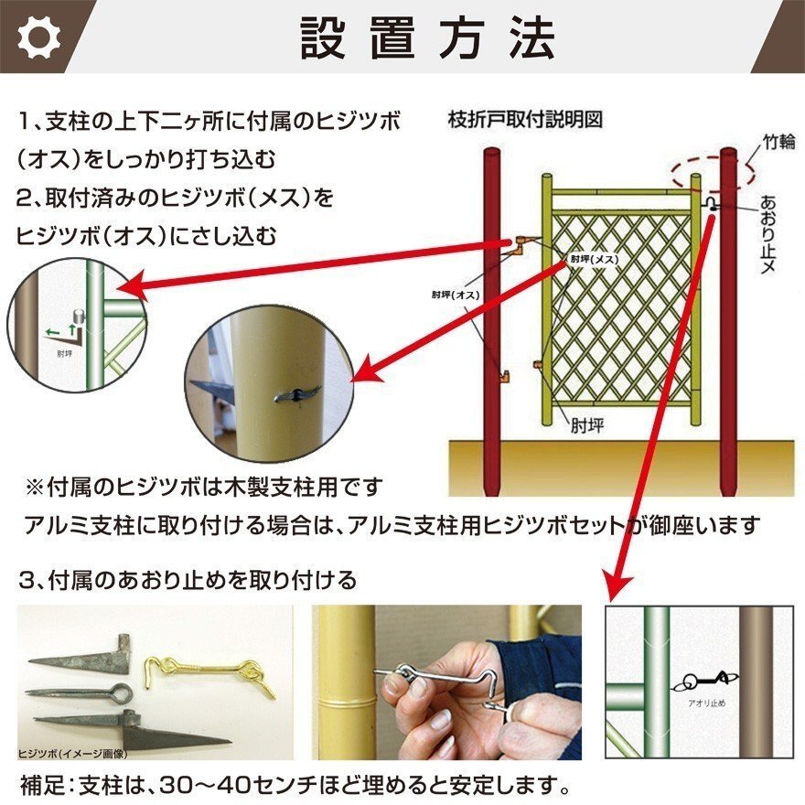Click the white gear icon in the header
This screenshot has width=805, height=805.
[x=38, y=37]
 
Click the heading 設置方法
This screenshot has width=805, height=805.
[x=427, y=38]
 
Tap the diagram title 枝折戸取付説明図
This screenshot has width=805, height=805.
[x=525, y=120]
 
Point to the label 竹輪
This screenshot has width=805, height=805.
[x=778, y=141]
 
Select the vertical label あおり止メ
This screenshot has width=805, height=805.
[x=768, y=233]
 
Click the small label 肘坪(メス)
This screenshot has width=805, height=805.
[x=595, y=259]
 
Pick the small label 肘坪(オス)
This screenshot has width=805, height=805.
[x=456, y=295]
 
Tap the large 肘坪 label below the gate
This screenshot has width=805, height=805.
[x=588, y=425]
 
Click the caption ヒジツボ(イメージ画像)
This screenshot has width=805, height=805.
[x=72, y=754]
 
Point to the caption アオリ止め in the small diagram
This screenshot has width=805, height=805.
[x=707, y=703]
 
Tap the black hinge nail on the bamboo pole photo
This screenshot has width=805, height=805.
[x=298, y=393]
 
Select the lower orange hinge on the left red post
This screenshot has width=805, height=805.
[x=505, y=375]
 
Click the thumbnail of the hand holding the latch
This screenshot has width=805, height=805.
[x=446, y=682]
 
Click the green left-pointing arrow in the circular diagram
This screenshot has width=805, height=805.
[x=52, y=332]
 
